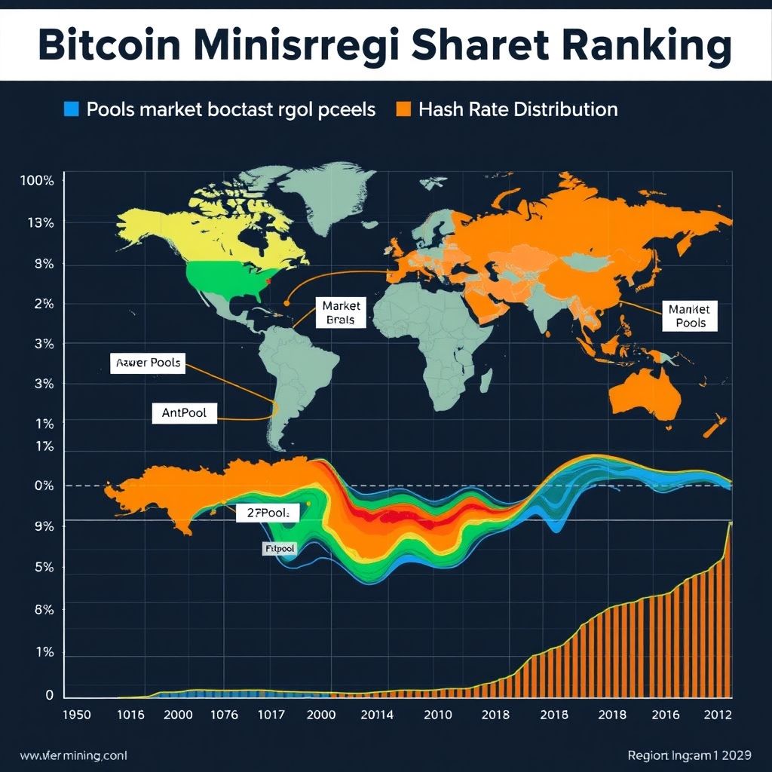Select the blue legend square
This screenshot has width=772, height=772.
coord(72,109)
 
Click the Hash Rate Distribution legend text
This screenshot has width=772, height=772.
coord(518,109)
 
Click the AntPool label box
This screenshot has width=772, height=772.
coord(184,413)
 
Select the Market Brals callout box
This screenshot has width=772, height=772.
coord(342,313)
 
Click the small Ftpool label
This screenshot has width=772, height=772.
coord(278,549)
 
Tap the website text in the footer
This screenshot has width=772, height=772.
coord(63,755)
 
